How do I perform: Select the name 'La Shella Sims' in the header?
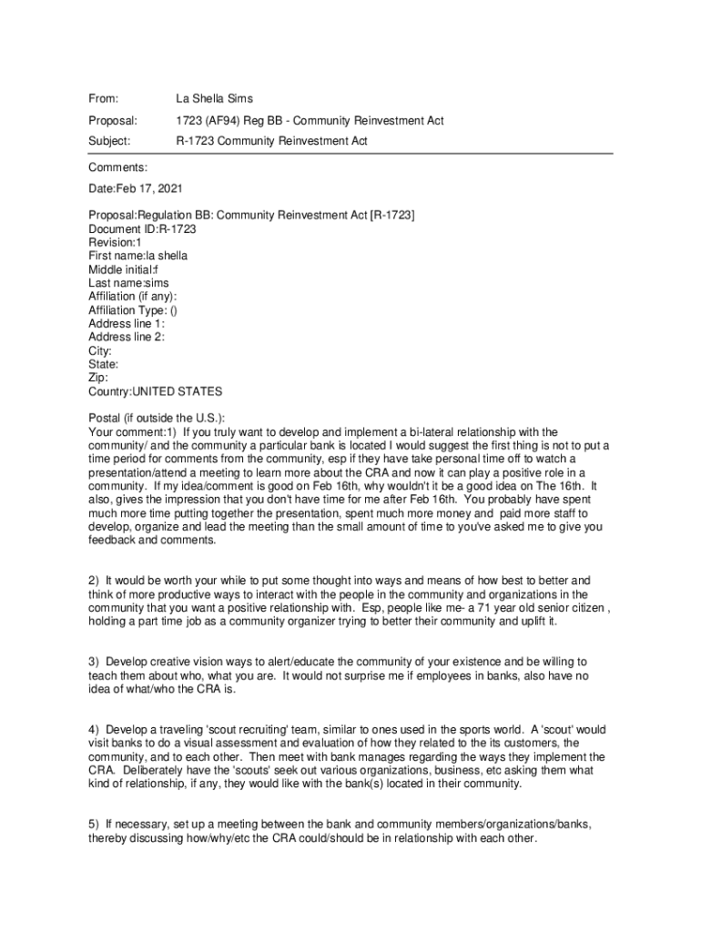pos(214,98)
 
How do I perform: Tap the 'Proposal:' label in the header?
pos(112,120)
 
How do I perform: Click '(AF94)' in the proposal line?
pos(223,120)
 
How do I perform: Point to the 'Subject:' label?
pos(109,141)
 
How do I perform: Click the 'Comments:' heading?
pos(117,168)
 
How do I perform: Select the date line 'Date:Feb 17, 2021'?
pos(135,191)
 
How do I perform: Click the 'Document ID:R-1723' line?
pos(142,229)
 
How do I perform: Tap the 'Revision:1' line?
pos(115,243)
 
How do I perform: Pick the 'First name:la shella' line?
pos(137,257)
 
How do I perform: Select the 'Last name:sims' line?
pos(128,283)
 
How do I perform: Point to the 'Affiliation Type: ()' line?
pos(133,310)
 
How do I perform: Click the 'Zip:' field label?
pos(98,378)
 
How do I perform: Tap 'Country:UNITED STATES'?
pos(155,391)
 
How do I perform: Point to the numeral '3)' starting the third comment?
pos(94,661)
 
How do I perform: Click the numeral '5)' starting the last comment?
pos(94,825)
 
